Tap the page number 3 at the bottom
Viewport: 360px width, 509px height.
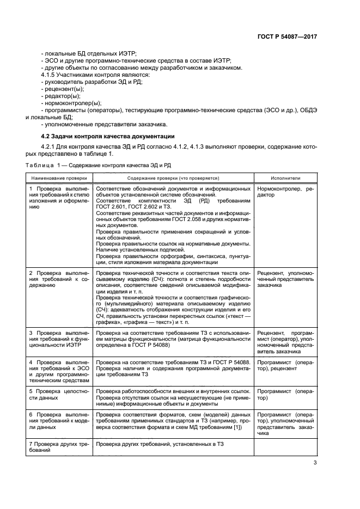315,463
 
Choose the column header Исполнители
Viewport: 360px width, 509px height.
285,178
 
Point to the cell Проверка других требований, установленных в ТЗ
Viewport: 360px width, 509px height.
160,445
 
